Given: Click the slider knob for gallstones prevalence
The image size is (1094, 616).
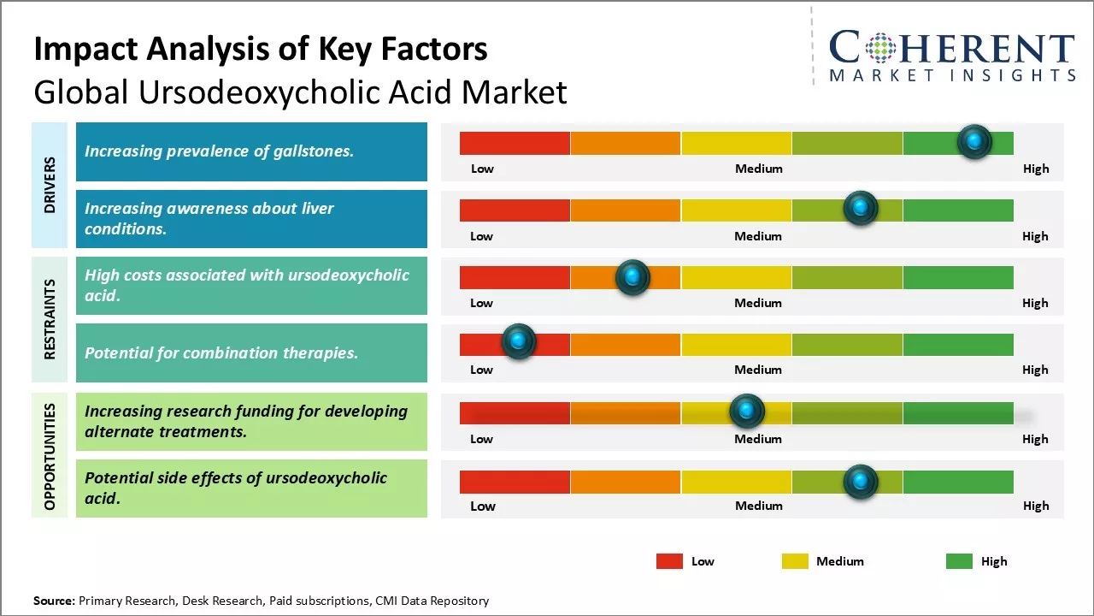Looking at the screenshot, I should pos(974,142).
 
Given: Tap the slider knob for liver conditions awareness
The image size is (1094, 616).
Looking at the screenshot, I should pos(861,209).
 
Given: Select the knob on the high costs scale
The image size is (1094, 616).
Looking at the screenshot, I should pos(632,277).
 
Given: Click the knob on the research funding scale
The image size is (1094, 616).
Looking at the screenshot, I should pos(747,412).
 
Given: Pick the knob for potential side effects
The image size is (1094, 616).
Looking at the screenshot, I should pos(861,482).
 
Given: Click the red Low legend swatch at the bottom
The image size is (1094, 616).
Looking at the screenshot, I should pos(669,561).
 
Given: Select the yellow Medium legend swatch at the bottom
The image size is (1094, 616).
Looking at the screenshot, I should pos(795,561).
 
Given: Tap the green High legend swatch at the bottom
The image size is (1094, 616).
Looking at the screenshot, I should pos(959,561).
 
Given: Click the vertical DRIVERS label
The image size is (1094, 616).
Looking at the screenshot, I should pos(50,185).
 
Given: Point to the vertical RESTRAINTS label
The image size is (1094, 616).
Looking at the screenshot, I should pos(50,319).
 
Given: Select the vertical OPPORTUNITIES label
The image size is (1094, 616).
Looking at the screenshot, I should pos(50,456).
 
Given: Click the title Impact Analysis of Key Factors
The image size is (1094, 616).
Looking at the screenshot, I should pos(261,50).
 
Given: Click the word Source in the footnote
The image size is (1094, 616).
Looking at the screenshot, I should pos(54,601).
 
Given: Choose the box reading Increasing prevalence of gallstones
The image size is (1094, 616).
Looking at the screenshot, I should pos(251,151).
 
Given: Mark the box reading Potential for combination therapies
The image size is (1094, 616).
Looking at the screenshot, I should pos(251,352).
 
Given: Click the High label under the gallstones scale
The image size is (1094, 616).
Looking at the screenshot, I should pos(1036,169).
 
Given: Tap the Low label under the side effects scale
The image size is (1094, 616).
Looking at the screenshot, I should pos(483,506).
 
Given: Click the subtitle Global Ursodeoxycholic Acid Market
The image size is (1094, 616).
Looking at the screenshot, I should pos(300,92).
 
